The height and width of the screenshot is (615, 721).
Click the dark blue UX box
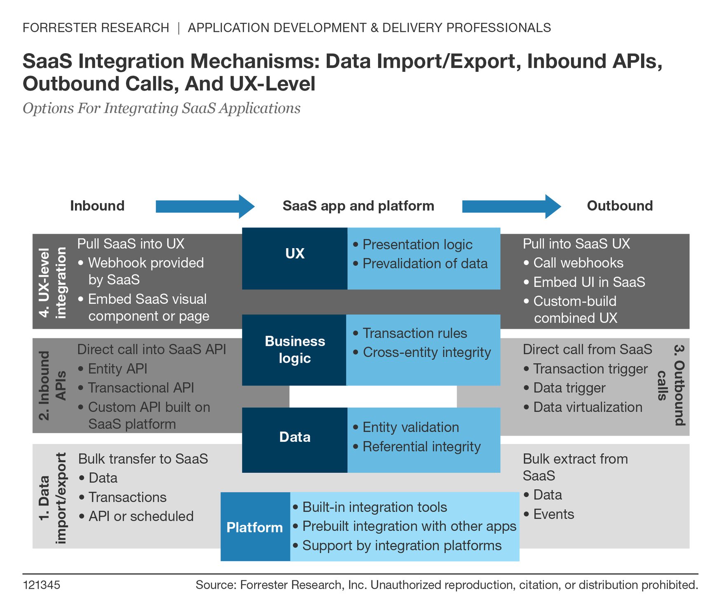(295, 258)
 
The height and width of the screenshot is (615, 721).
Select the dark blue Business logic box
(294, 350)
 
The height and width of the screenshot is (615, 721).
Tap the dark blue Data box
(295, 439)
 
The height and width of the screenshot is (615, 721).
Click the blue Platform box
(255, 526)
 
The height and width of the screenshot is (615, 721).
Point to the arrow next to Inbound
(205, 206)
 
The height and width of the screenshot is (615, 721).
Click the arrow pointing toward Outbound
(511, 206)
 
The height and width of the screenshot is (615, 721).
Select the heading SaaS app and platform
(358, 206)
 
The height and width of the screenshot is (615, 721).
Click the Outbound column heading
(619, 206)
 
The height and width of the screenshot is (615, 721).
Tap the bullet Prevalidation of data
(424, 263)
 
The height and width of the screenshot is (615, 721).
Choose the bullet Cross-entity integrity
(426, 352)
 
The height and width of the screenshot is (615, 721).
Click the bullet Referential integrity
(421, 446)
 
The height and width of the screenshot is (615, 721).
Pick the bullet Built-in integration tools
(374, 507)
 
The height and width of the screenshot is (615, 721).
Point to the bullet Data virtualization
(587, 407)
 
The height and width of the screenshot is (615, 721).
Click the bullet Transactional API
(140, 388)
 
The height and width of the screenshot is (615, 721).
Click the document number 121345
(42, 585)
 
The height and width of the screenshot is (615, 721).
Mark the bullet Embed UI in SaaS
(589, 282)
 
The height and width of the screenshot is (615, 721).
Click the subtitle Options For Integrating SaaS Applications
(162, 108)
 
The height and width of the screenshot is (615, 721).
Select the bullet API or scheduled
(140, 516)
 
